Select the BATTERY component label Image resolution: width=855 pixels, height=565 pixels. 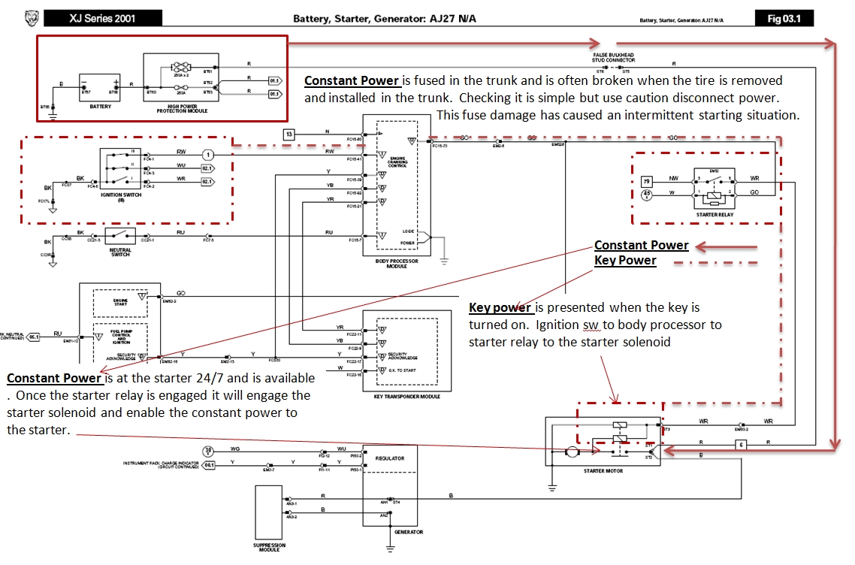pos(99,107)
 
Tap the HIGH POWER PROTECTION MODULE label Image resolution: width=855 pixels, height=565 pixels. pos(182,110)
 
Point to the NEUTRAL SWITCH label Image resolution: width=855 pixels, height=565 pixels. pos(120,252)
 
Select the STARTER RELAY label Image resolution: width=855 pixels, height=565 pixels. pos(714,215)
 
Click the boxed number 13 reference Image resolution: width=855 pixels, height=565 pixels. pos(289,134)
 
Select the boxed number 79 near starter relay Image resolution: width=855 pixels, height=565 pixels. pos(645,181)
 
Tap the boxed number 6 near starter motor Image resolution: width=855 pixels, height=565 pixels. pos(742,445)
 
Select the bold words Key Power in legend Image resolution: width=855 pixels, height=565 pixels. pos(625,261)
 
